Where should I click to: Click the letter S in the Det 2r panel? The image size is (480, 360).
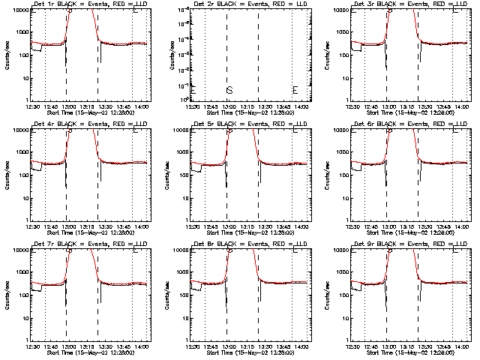pos(229,90)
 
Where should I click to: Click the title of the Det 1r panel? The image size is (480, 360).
pos(88,4)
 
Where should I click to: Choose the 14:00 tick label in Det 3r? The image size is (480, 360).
pos(460,106)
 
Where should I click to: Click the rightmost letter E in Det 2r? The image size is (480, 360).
pos(295,90)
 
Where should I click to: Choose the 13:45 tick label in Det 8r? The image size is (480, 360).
pos(281,346)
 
